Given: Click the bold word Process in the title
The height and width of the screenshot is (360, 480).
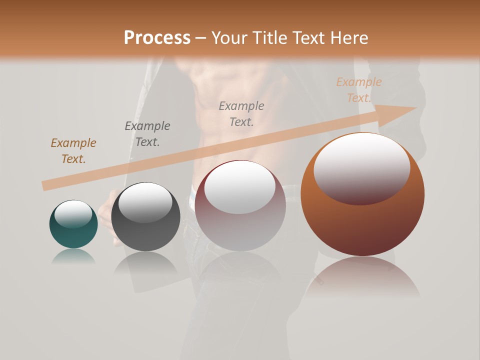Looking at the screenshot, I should (x=157, y=38).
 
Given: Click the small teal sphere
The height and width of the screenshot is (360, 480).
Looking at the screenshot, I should (x=73, y=224).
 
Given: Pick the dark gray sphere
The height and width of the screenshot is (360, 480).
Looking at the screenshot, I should (x=145, y=217).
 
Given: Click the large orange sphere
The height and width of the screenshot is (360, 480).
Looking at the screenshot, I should (x=362, y=194).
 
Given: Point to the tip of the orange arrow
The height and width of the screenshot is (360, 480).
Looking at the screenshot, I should (x=415, y=108).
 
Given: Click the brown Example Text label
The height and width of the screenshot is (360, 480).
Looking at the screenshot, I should (x=73, y=151).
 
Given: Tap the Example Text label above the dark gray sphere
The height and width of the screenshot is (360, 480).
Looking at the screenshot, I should (x=147, y=134).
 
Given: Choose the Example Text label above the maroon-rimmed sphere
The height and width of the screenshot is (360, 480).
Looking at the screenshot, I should (x=241, y=114).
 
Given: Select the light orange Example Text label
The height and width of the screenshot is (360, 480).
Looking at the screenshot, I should (x=359, y=90).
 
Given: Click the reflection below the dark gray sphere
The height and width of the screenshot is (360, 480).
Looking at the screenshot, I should (x=145, y=263).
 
